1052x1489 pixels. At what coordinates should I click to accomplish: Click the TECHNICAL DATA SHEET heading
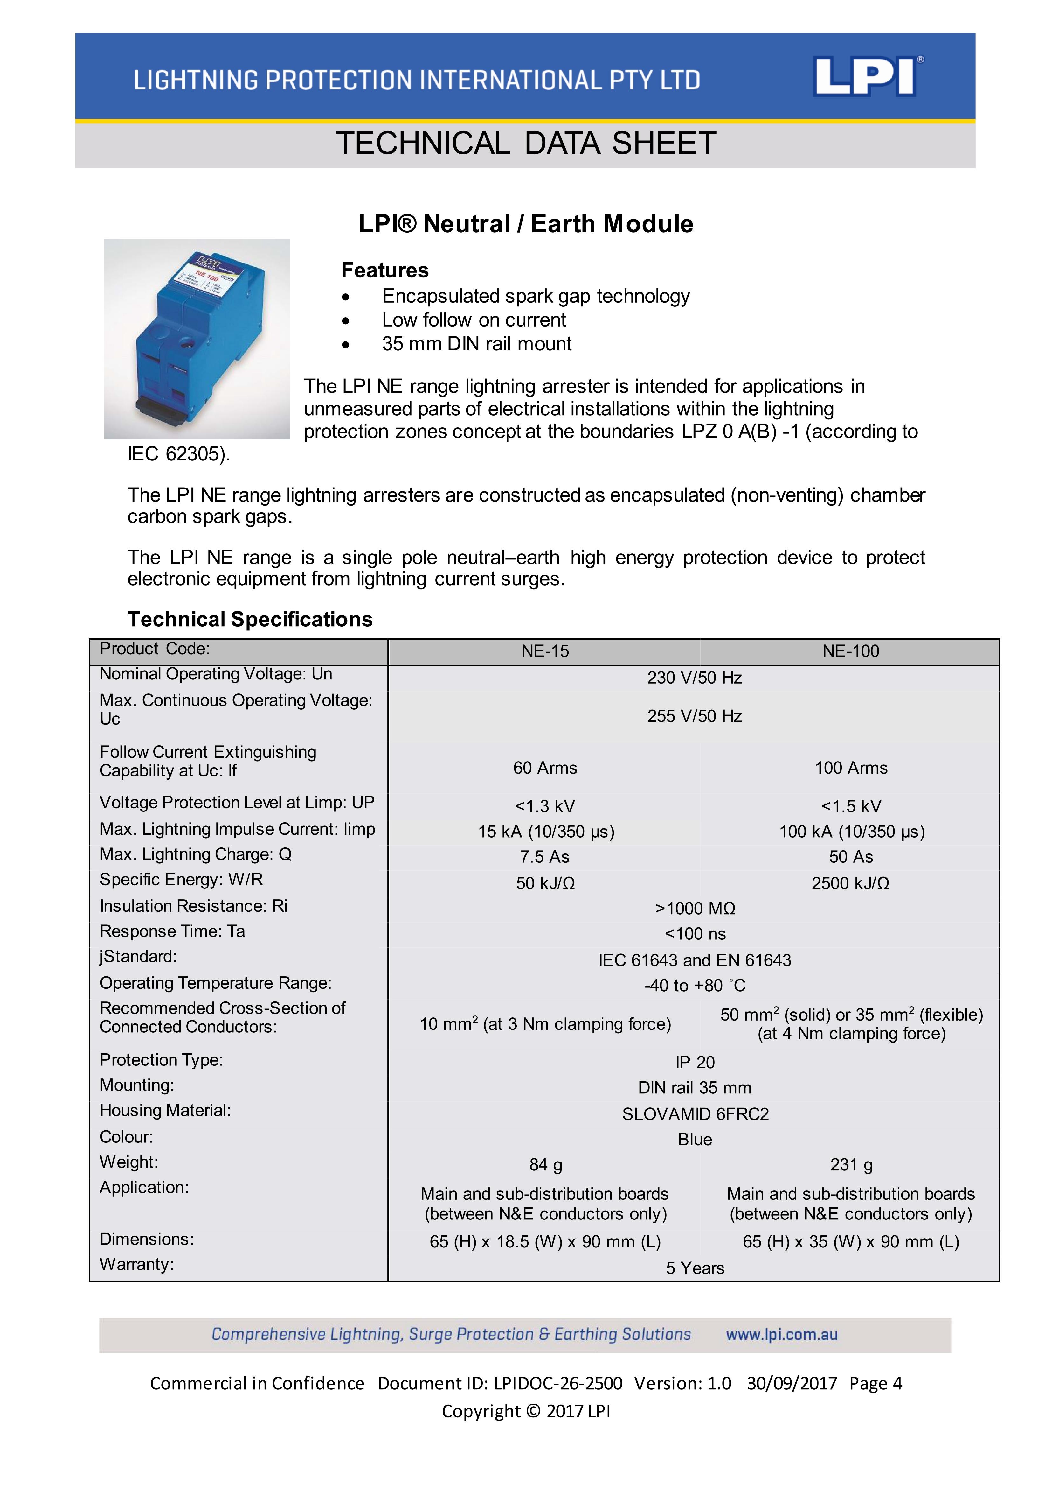(526, 143)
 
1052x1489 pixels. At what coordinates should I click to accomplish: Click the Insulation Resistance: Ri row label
(193, 906)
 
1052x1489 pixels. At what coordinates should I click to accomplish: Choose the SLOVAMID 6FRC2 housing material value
(695, 1114)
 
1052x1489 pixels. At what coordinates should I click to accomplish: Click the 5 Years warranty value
(695, 1268)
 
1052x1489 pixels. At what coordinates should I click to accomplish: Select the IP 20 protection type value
(695, 1062)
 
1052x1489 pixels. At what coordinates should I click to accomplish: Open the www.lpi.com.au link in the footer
(782, 1335)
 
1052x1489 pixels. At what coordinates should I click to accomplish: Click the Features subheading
(385, 270)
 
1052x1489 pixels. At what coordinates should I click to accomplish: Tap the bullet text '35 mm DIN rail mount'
(476, 344)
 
